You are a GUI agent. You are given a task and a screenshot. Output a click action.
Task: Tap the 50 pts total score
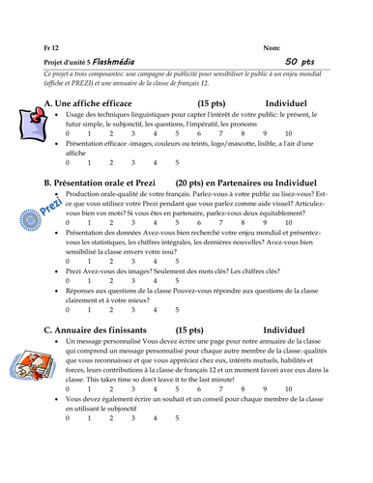(301, 61)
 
